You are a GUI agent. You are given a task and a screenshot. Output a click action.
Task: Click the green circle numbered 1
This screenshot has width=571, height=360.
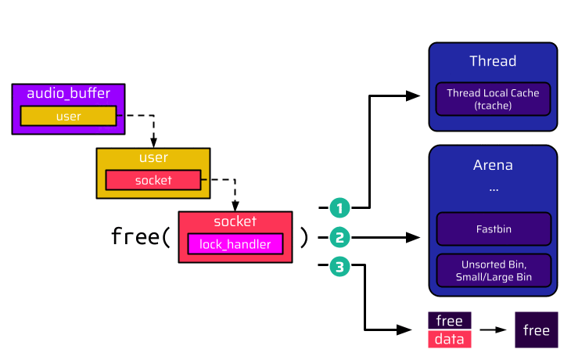pyautogui.click(x=339, y=207)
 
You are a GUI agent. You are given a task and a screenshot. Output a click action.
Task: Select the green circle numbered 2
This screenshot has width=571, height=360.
pyautogui.click(x=339, y=236)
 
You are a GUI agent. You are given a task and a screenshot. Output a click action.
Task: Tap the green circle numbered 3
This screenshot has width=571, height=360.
pyautogui.click(x=339, y=266)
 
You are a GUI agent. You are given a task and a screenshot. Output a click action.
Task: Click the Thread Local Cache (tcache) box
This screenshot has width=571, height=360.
pyautogui.click(x=493, y=99)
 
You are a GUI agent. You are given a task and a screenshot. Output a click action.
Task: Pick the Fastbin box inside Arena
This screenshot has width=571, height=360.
pyautogui.click(x=493, y=230)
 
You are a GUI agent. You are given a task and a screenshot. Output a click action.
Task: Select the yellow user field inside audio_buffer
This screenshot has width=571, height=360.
pyautogui.click(x=68, y=116)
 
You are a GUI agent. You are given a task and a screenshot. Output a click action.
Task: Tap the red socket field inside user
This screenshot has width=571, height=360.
pyautogui.click(x=153, y=180)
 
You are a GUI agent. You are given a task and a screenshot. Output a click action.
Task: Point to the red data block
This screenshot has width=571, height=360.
pyautogui.click(x=450, y=339)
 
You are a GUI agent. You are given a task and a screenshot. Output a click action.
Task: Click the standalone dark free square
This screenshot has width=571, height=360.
pyautogui.click(x=536, y=329)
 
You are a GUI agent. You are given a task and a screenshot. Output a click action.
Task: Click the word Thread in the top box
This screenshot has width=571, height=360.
pyautogui.click(x=493, y=61)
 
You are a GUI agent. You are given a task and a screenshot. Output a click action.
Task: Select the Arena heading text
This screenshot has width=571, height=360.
pyautogui.click(x=493, y=166)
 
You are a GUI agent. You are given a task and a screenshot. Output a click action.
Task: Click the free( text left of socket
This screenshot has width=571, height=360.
pyautogui.click(x=141, y=236)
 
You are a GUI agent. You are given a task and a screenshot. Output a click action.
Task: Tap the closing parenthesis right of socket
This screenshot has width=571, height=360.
pyautogui.click(x=304, y=236)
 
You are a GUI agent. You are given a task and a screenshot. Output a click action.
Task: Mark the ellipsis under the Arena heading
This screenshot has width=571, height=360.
pyautogui.click(x=493, y=189)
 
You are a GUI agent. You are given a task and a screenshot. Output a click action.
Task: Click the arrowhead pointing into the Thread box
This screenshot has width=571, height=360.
pyautogui.click(x=414, y=95)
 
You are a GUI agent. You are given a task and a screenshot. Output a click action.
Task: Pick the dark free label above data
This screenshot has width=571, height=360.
pyautogui.click(x=450, y=321)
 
